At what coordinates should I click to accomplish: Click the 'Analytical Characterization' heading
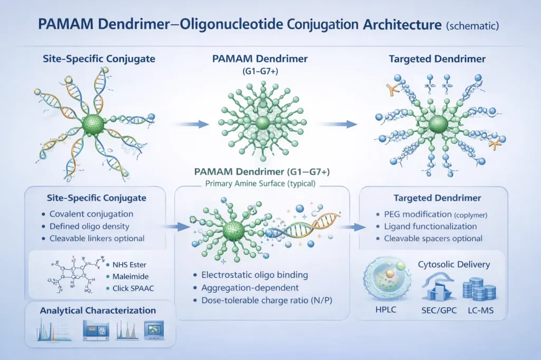click(x=98, y=311)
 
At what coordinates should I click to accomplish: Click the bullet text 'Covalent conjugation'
click(x=91, y=214)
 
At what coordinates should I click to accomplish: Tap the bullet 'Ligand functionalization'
click(x=430, y=226)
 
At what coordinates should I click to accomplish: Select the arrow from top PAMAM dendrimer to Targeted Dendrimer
click(x=338, y=124)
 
